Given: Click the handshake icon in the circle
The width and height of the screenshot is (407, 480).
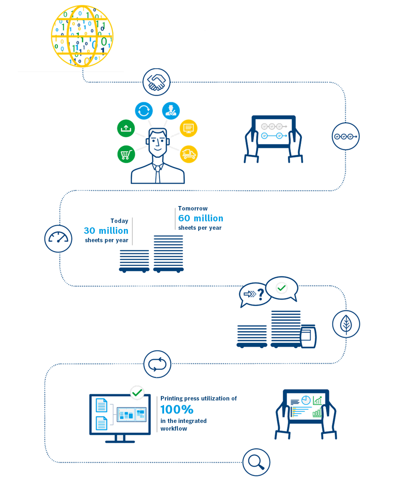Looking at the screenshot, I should click(x=156, y=82).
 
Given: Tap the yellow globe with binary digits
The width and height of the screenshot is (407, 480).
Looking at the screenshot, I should click(x=82, y=36).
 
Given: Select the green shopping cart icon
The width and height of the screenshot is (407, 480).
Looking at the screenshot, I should click(x=126, y=154).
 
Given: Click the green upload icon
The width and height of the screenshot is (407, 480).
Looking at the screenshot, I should click(x=126, y=128).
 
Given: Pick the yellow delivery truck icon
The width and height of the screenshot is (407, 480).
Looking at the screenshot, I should click(x=188, y=154).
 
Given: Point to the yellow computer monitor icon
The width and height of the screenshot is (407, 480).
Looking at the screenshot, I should click(x=188, y=128).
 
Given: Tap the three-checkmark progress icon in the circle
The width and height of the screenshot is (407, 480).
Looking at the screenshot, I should click(x=345, y=136).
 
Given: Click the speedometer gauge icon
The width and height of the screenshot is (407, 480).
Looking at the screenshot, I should click(x=58, y=238).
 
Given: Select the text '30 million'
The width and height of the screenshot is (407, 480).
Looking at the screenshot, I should click(x=106, y=231).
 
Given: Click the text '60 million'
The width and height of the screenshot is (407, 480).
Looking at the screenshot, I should click(x=201, y=218).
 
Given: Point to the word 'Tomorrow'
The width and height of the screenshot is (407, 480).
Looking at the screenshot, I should click(x=193, y=208).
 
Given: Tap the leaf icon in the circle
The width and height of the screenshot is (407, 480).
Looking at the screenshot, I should click(x=346, y=324).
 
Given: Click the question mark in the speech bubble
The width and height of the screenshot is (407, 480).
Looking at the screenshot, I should click(x=261, y=295).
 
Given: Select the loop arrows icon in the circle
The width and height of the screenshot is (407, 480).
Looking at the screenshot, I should click(x=157, y=364).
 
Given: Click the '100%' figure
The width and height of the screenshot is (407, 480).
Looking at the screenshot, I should click(x=177, y=410).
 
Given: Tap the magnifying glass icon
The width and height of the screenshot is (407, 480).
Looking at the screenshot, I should click(x=256, y=462).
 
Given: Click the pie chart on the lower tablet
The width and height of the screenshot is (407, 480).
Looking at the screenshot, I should click(x=306, y=400).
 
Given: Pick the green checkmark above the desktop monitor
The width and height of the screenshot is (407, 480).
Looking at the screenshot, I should click(x=137, y=392).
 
